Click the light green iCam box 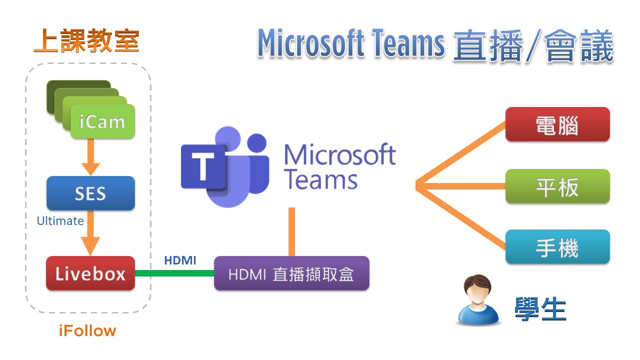pyautogui.click(x=102, y=121)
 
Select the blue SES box pyautogui.click(x=90, y=193)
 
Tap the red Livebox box pyautogui.click(x=90, y=273)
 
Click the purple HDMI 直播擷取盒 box pyautogui.click(x=291, y=273)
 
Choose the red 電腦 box pyautogui.click(x=557, y=124)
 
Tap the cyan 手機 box pyautogui.click(x=557, y=247)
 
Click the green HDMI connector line pyautogui.click(x=174, y=273)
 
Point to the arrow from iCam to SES pyautogui.click(x=90, y=156)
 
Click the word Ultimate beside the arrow pyautogui.click(x=60, y=220)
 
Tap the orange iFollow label pyautogui.click(x=87, y=331)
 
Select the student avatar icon pyautogui.click(x=478, y=300)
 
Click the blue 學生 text pyautogui.click(x=540, y=309)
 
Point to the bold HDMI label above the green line pyautogui.click(x=180, y=260)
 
